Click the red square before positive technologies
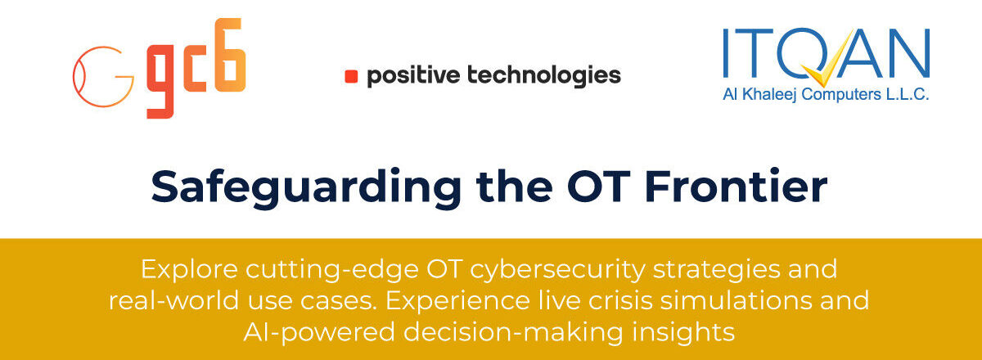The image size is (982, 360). (351, 77)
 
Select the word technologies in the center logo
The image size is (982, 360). (544, 76)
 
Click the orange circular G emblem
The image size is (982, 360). (103, 77)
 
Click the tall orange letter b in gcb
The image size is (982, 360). (230, 55)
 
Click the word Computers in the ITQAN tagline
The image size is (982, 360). (841, 95)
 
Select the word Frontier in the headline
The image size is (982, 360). (736, 187)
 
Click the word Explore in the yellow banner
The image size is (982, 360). (189, 270)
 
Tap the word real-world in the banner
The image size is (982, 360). (173, 300)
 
